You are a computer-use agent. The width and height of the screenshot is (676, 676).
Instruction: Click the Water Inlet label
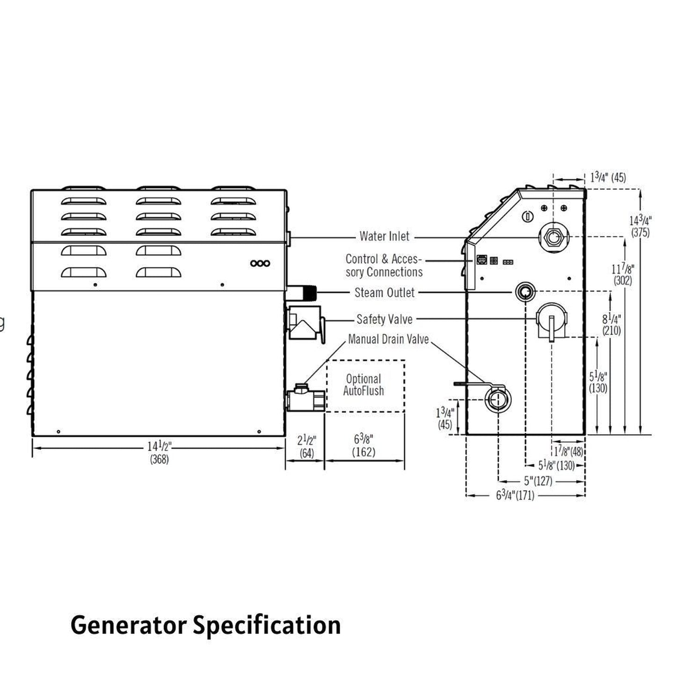point(384,236)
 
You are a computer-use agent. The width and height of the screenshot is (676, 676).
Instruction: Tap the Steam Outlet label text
point(385,293)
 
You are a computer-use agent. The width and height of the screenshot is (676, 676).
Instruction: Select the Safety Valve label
point(385,320)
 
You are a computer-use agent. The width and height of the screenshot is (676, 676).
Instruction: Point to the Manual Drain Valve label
point(388,339)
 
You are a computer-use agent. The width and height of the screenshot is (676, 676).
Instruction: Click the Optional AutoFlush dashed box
point(365,385)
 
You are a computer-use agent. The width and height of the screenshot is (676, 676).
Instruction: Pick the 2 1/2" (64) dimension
point(307,447)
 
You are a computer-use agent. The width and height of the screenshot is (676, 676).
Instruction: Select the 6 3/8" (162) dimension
point(364,446)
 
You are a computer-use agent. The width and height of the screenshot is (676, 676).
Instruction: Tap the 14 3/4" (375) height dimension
point(640,226)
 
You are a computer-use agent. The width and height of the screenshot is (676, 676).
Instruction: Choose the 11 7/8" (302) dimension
point(623,275)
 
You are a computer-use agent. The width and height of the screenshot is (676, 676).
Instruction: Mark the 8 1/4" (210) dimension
point(611,325)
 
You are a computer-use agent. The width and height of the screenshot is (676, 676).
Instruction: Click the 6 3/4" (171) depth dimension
point(515,495)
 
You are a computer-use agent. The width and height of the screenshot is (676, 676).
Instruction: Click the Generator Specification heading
point(205,625)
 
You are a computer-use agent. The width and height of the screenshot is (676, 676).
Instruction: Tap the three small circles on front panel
point(260,263)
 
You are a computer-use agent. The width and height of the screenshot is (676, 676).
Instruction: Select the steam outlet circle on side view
point(524,293)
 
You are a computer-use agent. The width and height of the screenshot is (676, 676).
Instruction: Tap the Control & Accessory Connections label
point(384,265)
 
